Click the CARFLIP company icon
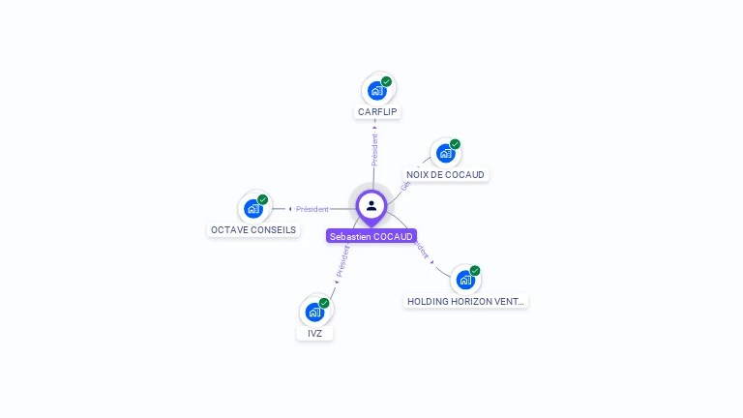coord(377,90)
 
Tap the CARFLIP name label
coord(377,112)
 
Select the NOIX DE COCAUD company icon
coord(445,153)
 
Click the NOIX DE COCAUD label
coord(446,175)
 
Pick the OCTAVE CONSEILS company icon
coord(253,208)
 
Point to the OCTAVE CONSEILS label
coord(253,230)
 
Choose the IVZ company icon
coord(314,312)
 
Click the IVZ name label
coord(314,334)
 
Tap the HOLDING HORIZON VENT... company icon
coord(465,280)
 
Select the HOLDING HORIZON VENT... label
coord(466,302)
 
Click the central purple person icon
coord(371,206)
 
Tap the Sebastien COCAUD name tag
coord(371,236)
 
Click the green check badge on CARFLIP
coord(387,81)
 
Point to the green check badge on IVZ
coord(324,303)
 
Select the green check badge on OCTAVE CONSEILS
coord(263,199)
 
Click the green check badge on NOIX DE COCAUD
coord(455,144)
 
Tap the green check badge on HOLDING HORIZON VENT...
coord(475,271)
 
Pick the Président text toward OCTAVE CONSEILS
coord(312,209)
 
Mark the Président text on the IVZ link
coord(342,261)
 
